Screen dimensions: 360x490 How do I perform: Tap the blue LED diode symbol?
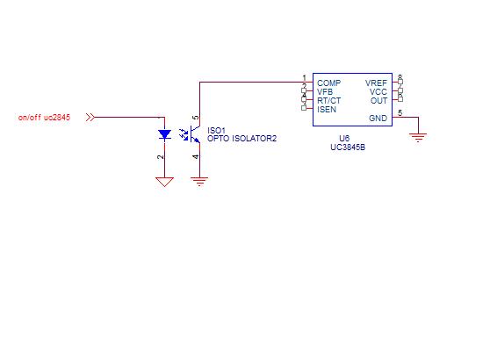pyautogui.click(x=164, y=134)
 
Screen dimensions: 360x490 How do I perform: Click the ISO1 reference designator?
pyautogui.click(x=216, y=130)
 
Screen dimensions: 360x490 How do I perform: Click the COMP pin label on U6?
pyautogui.click(x=329, y=83)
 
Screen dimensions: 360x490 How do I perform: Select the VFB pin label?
pyautogui.click(x=326, y=91)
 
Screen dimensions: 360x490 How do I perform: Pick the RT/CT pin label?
pyautogui.click(x=329, y=100)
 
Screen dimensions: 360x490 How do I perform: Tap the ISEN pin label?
pyautogui.click(x=327, y=109)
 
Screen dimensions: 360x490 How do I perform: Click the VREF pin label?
pyautogui.click(x=376, y=83)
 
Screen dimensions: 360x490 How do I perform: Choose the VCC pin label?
pyautogui.click(x=378, y=91)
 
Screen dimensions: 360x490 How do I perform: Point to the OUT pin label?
pyautogui.click(x=379, y=100)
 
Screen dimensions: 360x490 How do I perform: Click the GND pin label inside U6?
pyautogui.click(x=378, y=118)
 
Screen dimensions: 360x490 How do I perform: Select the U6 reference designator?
pyautogui.click(x=344, y=139)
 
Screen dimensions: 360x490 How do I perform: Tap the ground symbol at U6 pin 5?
pyautogui.click(x=419, y=136)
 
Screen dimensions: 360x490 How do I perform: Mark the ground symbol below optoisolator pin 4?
pyautogui.click(x=200, y=181)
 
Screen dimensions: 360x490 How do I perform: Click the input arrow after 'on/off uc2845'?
pyautogui.click(x=90, y=117)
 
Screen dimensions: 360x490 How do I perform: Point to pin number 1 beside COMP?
pyautogui.click(x=303, y=78)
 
